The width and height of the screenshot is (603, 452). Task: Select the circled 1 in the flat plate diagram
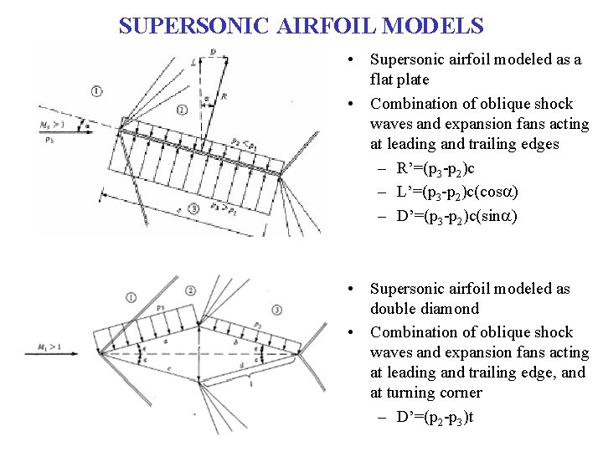(x=98, y=90)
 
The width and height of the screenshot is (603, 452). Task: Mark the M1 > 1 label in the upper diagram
(x=52, y=124)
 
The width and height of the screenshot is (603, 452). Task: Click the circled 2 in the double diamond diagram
(x=191, y=290)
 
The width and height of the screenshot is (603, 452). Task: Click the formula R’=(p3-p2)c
(x=451, y=170)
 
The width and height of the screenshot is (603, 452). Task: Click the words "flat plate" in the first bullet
(x=399, y=80)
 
